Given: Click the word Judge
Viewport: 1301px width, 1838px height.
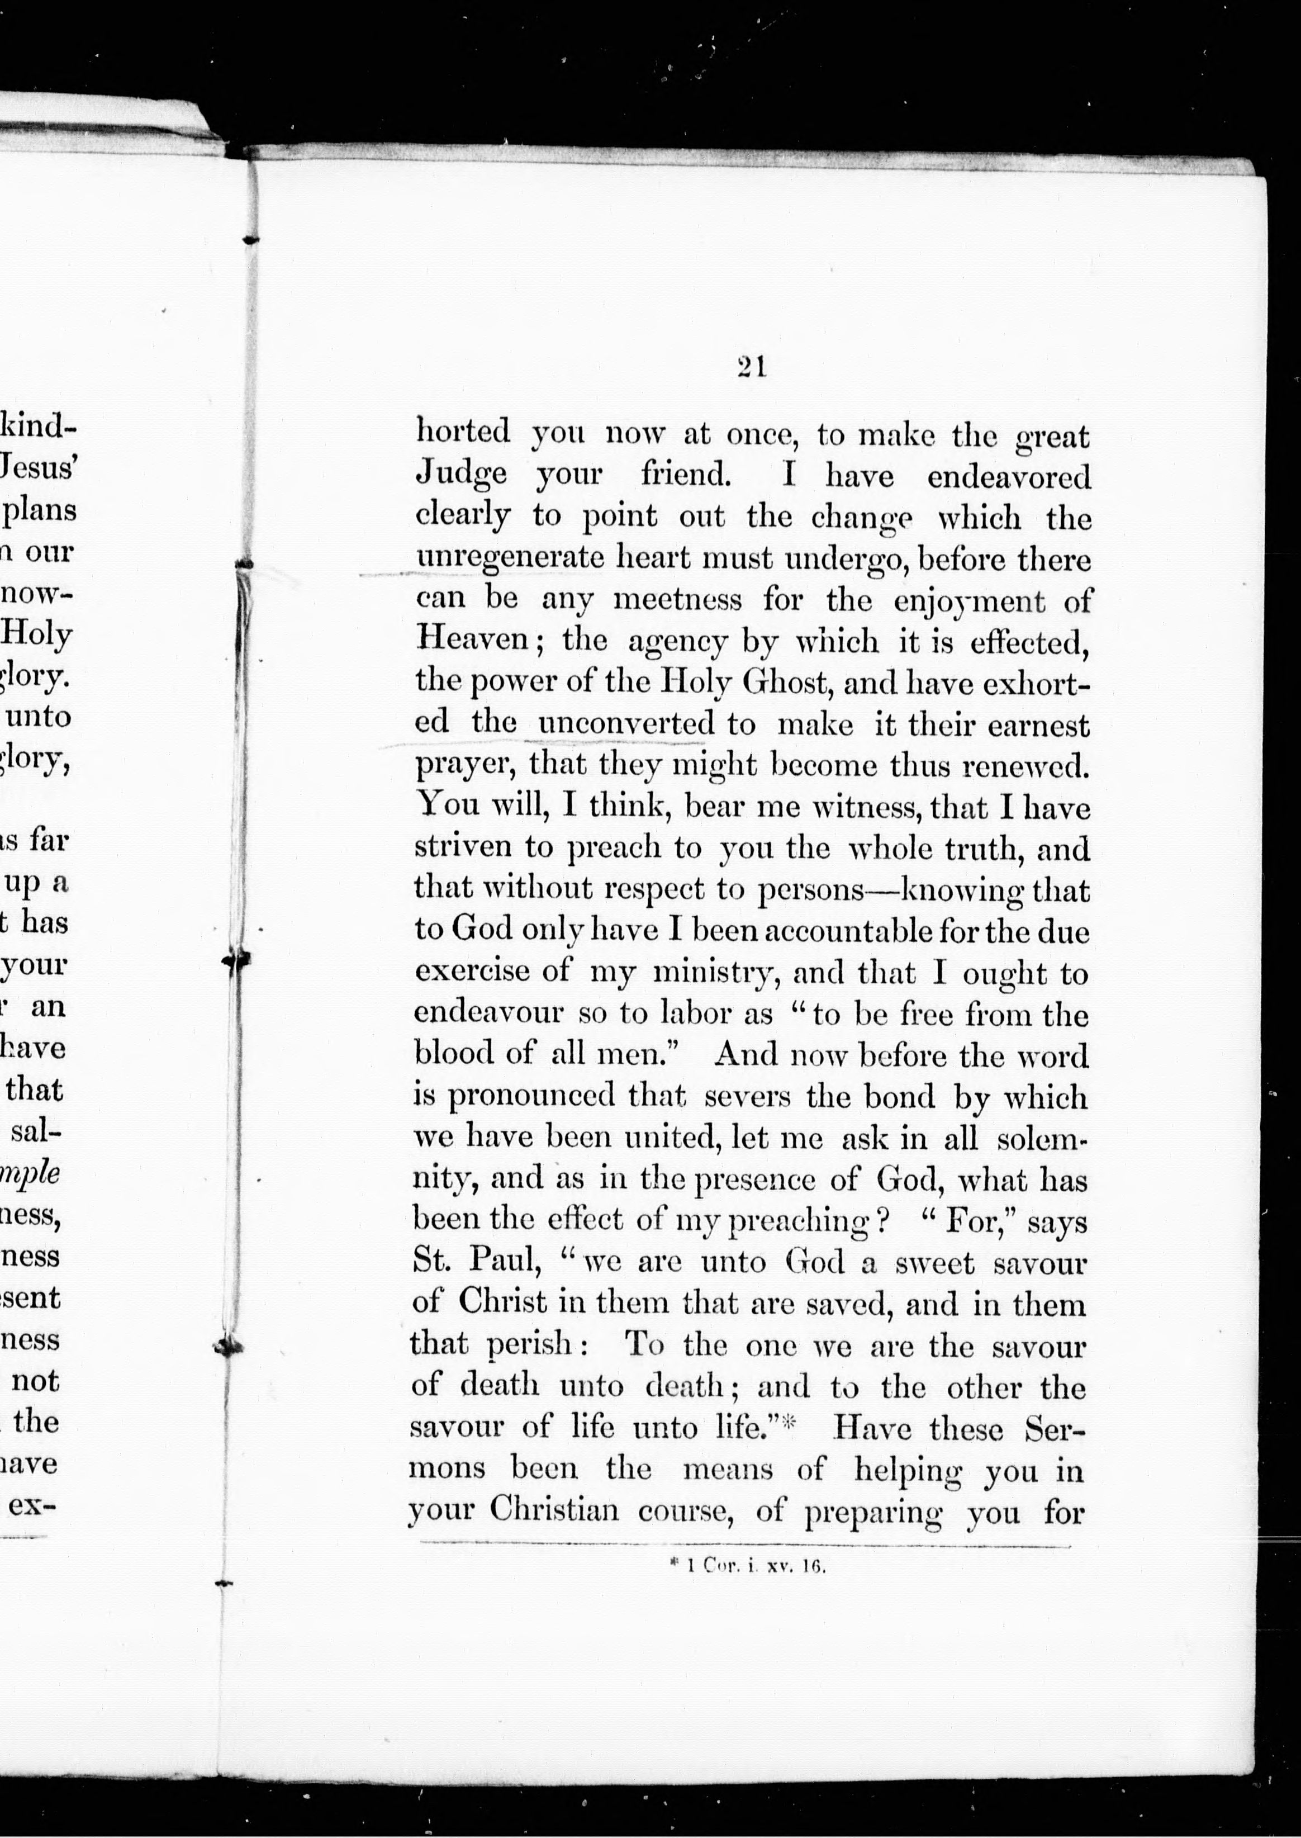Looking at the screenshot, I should [462, 475].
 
